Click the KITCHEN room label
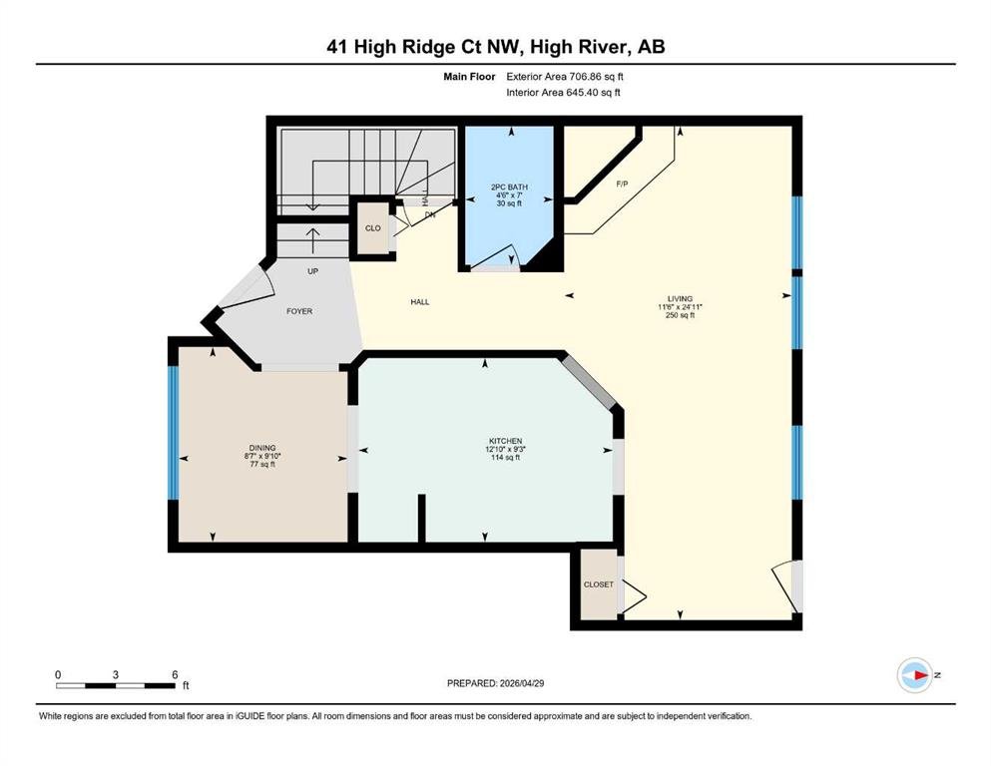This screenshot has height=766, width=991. coord(505,441)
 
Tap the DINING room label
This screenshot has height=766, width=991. coord(262,448)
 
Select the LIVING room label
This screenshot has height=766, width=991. coord(680,298)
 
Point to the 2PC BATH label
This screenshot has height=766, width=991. coord(509,187)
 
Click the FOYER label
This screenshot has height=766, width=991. coord(299,311)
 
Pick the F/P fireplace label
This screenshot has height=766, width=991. coord(622,184)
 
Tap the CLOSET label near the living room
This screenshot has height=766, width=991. coord(599,584)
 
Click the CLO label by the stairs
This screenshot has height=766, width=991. coord(373,228)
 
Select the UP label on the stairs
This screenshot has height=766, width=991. coord(312,271)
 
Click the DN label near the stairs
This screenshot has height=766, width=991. coord(430,214)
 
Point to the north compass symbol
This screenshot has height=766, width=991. coord(916,675)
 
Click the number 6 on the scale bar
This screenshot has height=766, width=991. coord(175,674)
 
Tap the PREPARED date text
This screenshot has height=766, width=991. coord(495,683)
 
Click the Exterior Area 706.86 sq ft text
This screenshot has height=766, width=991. coord(565,77)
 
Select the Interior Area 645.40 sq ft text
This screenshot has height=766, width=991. coord(563,92)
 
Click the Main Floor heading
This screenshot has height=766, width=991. coord(470,77)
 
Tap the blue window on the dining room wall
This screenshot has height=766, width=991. coord(173,433)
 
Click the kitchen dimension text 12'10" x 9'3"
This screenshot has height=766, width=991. coord(505,449)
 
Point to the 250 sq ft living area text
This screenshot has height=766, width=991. coord(680,315)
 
